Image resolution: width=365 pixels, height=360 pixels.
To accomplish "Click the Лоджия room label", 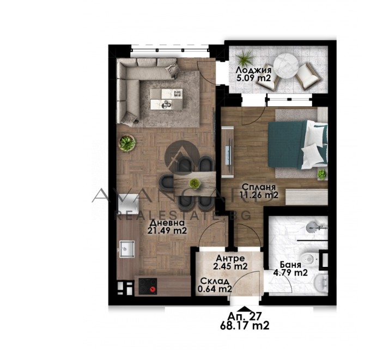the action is (x=253, y=70).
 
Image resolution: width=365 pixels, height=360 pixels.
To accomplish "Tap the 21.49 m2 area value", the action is (x=167, y=230).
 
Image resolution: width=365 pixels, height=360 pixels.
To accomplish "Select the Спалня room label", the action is (x=259, y=187).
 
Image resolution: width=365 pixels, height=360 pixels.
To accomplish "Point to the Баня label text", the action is (x=290, y=265).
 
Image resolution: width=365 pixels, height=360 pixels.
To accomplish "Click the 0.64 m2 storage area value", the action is (x=215, y=289).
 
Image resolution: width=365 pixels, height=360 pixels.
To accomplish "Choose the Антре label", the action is (x=230, y=258).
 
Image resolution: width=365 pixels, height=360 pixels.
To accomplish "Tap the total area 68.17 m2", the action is (x=245, y=325).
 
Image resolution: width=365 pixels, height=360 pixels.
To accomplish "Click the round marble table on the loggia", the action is (x=286, y=65).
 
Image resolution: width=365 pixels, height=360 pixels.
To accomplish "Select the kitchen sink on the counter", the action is (x=127, y=249).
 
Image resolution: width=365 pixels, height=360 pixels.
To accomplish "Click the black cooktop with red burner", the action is (x=148, y=286).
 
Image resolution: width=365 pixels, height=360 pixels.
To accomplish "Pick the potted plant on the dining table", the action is (x=194, y=184).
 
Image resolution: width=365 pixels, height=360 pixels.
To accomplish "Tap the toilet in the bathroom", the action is (x=309, y=259).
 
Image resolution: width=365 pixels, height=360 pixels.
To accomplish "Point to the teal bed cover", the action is (x=287, y=144).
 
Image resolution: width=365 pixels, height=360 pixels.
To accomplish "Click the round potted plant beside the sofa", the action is (x=127, y=143).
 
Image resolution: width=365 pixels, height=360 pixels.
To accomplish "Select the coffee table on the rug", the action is (x=166, y=99).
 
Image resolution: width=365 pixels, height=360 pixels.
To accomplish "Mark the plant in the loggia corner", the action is (x=245, y=58).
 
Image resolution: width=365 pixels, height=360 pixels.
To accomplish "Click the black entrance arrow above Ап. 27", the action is (x=244, y=309).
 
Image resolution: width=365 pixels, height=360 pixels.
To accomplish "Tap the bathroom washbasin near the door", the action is (x=321, y=283).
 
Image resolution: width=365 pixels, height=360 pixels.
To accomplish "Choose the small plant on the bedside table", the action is (x=322, y=174).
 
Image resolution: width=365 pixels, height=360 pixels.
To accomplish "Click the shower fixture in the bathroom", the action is (x=315, y=227).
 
